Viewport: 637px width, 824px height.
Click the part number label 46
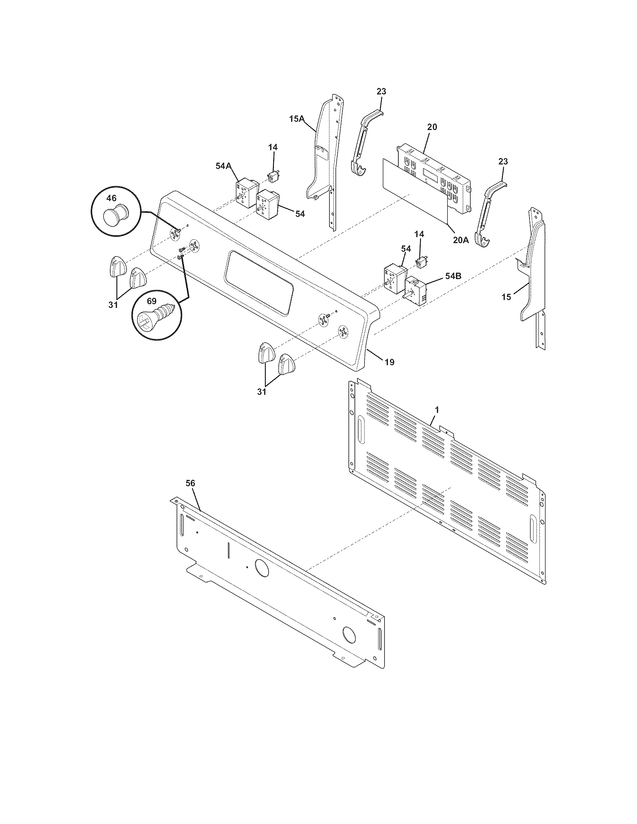point(111,198)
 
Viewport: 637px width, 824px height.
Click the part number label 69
point(151,301)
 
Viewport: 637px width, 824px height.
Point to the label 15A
point(297,119)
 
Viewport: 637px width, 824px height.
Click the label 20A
point(461,240)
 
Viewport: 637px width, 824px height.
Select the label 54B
point(453,276)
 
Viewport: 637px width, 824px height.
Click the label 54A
point(223,165)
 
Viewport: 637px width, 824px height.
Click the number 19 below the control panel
point(389,362)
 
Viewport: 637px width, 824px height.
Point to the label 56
point(191,483)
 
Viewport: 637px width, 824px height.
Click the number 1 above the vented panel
point(437,409)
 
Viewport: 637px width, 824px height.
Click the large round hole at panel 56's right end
point(349,634)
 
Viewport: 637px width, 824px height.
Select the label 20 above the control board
point(432,127)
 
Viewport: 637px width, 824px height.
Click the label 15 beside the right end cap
point(506,297)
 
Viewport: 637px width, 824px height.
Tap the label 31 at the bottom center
point(262,392)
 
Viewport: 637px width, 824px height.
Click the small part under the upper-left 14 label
point(272,175)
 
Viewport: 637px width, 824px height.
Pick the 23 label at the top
point(381,91)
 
